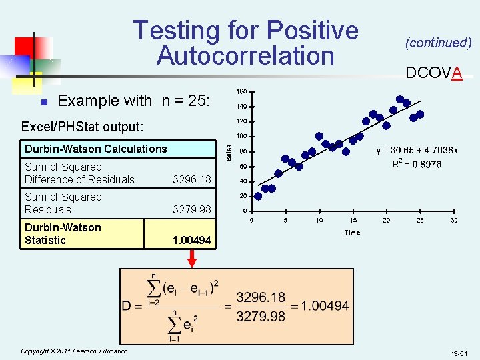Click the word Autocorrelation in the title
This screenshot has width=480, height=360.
click(x=245, y=55)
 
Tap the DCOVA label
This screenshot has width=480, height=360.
click(x=434, y=73)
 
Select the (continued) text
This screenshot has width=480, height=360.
click(x=438, y=43)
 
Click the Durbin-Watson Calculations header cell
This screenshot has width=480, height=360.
click(x=96, y=149)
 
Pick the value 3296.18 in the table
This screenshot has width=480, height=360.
click(x=191, y=179)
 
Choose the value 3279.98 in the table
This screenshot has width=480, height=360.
click(x=191, y=209)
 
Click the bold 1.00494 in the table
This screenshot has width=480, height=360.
click(x=191, y=240)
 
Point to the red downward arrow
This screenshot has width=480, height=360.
click(x=192, y=258)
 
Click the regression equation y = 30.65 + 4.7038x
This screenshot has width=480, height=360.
click(x=417, y=151)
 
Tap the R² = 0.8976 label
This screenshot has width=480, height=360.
click(x=417, y=164)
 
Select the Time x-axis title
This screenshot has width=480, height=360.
click(x=352, y=233)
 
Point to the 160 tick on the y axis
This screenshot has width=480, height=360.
click(x=242, y=91)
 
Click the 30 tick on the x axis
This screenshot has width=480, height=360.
click(x=454, y=221)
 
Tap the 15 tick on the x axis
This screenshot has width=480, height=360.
click(x=353, y=221)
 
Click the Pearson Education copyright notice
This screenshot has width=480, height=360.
click(x=74, y=351)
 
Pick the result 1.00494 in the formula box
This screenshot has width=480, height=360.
click(x=325, y=306)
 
